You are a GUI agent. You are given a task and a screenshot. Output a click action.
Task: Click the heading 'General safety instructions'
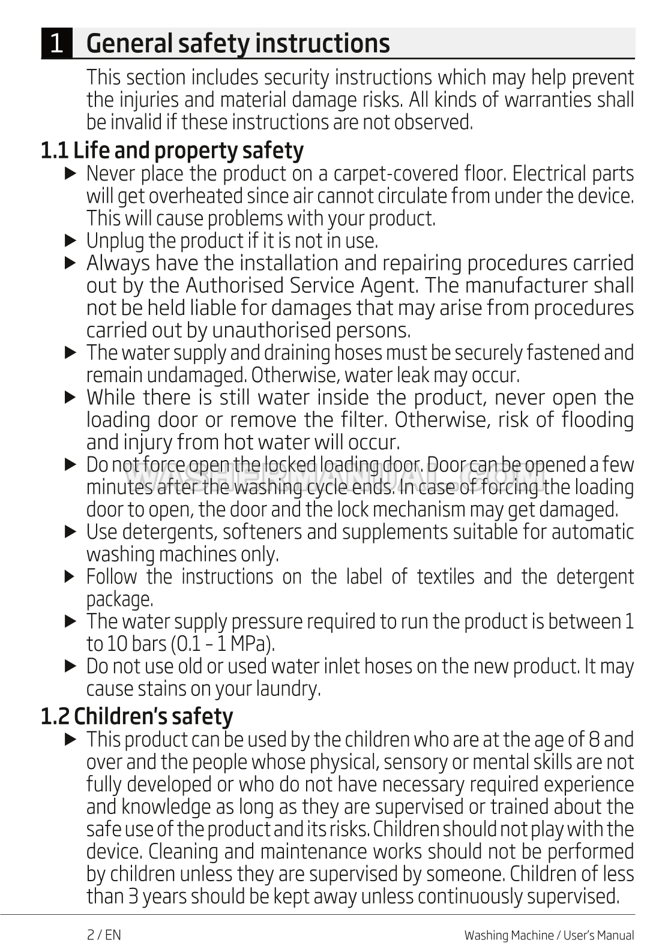click(x=238, y=43)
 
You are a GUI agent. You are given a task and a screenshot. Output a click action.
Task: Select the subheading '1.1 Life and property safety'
click(x=172, y=150)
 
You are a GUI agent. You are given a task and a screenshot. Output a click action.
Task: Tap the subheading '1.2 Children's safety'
click(x=137, y=716)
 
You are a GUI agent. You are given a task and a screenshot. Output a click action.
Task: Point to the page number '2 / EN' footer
click(x=104, y=935)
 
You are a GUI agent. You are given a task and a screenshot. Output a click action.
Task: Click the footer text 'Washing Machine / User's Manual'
click(x=549, y=935)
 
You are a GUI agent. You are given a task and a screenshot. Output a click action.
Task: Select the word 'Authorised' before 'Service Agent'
click(x=235, y=286)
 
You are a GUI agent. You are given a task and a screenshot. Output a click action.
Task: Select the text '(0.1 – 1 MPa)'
click(x=223, y=644)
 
